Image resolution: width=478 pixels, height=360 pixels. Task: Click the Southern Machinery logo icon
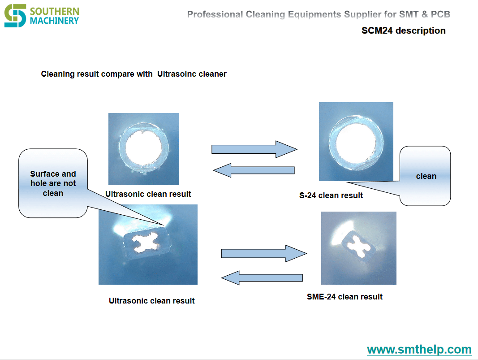(x=15, y=16)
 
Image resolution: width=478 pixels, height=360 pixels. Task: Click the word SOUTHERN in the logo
(x=55, y=11)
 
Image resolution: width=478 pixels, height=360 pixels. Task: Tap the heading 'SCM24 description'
(x=403, y=30)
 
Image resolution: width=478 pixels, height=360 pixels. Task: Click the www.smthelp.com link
(x=419, y=349)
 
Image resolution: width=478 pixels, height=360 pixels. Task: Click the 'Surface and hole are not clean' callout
(x=53, y=183)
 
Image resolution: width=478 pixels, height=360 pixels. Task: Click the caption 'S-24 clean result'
(x=331, y=195)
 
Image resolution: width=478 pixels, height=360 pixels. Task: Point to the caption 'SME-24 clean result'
(x=345, y=296)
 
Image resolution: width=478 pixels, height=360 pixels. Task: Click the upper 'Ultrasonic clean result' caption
(x=148, y=194)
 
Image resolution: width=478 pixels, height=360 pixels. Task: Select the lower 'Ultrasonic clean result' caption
(x=152, y=300)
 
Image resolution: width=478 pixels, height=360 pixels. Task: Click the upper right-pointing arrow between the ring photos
(x=254, y=149)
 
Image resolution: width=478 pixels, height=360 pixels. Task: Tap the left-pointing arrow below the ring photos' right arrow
(x=254, y=170)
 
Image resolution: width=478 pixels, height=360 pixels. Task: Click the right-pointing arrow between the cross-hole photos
(x=264, y=253)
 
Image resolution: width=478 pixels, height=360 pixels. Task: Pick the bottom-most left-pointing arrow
(x=262, y=278)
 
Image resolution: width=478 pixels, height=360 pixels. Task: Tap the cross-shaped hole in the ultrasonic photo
(x=146, y=243)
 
